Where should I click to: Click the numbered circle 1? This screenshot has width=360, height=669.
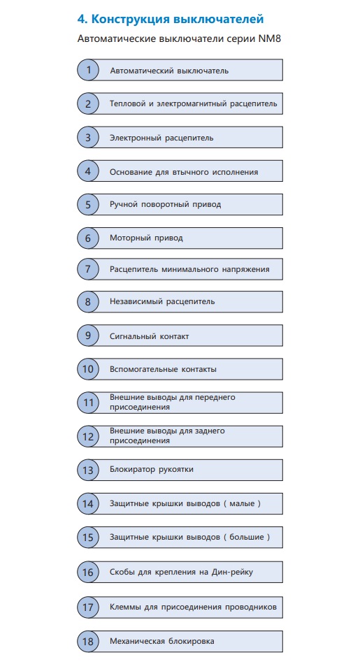88,70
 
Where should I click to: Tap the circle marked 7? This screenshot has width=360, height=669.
88,269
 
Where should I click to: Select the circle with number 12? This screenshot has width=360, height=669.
88,436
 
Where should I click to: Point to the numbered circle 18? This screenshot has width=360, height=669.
88,641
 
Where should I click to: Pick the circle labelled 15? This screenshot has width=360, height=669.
88,537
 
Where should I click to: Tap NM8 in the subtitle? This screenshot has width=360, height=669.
269,39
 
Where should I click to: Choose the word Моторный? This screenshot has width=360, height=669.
127,238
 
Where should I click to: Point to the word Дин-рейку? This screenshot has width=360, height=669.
232,572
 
